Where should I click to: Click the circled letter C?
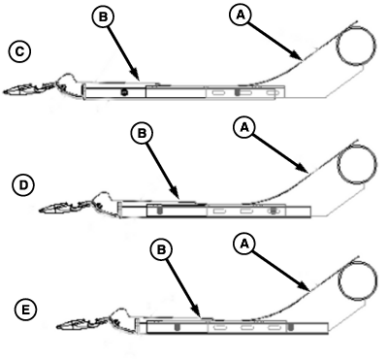click(19, 51)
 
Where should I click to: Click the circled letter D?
click(23, 185)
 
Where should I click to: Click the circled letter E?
click(26, 311)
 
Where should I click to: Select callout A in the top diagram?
click(241, 15)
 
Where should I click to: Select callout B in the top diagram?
click(103, 16)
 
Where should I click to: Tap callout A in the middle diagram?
click(244, 127)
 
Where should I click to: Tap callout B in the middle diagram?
click(143, 133)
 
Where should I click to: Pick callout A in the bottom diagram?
click(244, 244)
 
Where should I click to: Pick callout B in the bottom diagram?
click(161, 249)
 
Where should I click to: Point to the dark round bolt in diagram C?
click(123, 92)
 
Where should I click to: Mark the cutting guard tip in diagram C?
click(4, 93)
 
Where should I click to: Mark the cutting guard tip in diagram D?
click(40, 212)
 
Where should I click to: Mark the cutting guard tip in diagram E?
click(57, 327)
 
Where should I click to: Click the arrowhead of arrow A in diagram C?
click(299, 57)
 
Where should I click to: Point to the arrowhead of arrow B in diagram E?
click(197, 311)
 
